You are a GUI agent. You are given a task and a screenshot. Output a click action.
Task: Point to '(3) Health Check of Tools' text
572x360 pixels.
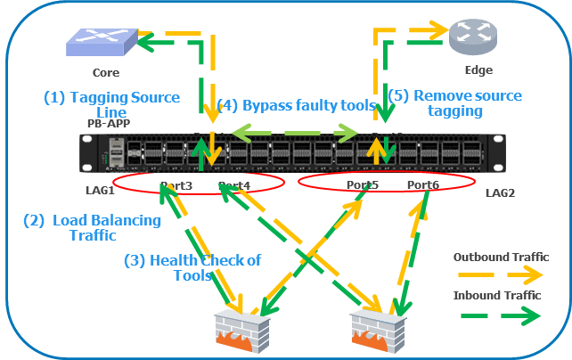pyautogui.click(x=192, y=268)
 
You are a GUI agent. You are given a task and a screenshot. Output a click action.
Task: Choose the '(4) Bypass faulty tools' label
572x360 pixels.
pyautogui.click(x=296, y=106)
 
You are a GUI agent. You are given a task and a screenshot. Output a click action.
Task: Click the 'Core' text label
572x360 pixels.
pyautogui.click(x=105, y=72)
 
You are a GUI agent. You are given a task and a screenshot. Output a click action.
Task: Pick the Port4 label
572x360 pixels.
pyautogui.click(x=233, y=185)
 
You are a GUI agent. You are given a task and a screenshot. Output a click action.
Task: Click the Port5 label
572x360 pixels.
pyautogui.click(x=363, y=185)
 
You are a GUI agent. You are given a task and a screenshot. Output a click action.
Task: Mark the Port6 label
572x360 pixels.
pyautogui.click(x=422, y=185)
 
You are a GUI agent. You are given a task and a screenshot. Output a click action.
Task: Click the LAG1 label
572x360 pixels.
pyautogui.click(x=99, y=191)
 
